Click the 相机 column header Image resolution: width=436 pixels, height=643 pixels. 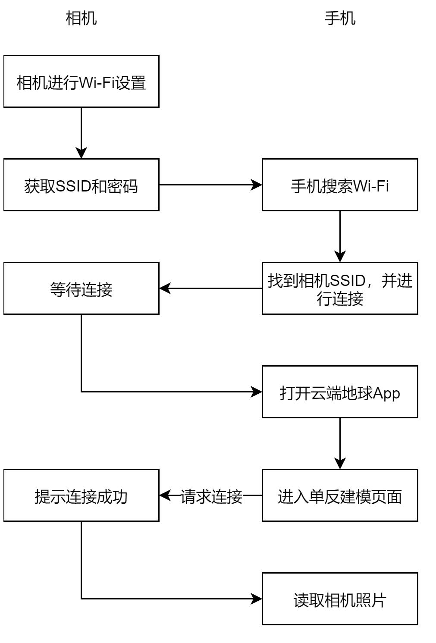[x=81, y=19]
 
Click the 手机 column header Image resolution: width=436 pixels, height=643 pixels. [x=340, y=19]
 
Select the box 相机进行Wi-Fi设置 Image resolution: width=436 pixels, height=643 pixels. [x=81, y=82]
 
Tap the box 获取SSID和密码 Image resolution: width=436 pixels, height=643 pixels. [x=81, y=185]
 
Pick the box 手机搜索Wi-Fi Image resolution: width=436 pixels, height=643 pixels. [x=340, y=185]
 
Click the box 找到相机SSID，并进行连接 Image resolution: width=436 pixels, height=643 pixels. [x=340, y=289]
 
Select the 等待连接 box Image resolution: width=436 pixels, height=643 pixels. [x=81, y=289]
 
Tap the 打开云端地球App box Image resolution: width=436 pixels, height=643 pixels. [x=340, y=392]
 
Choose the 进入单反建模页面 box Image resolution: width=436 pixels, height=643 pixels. [x=340, y=496]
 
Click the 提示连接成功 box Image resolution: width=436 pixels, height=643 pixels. [x=81, y=496]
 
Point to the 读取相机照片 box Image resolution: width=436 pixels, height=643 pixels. [x=340, y=599]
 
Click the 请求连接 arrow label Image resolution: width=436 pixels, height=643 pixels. [x=211, y=496]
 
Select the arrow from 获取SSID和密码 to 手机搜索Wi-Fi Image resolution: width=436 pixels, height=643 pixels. [x=207, y=185]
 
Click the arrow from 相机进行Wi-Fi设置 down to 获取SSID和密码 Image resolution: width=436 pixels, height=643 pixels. [x=81, y=129]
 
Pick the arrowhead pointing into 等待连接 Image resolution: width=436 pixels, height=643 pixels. [x=165, y=289]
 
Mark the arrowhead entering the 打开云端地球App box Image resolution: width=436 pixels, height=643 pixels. [x=257, y=392]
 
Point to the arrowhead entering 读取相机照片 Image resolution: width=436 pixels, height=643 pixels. [x=257, y=599]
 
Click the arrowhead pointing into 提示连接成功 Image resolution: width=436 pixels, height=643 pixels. [x=165, y=496]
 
